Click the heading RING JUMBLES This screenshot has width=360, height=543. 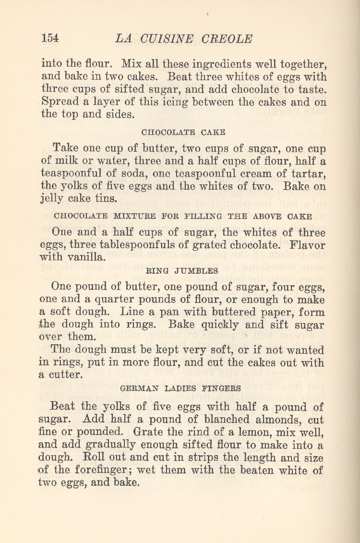click(182, 271)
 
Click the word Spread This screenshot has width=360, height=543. click(59, 102)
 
